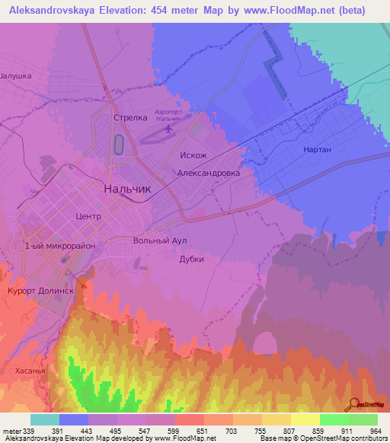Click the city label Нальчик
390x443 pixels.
127,189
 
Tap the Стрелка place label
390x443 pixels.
129,118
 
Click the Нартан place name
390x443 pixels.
317,149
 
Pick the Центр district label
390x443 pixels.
88,216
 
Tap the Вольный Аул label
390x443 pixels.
159,241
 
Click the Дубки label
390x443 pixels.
191,259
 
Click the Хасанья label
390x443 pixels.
30,371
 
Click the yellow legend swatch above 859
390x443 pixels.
305,419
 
